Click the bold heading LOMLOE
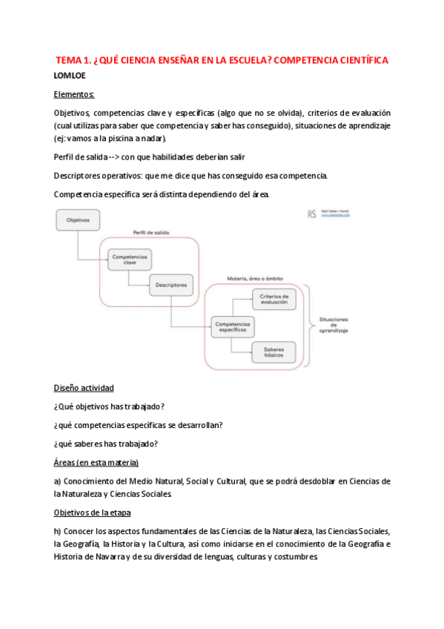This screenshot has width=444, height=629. [x=70, y=76]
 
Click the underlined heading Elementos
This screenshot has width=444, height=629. [x=74, y=95]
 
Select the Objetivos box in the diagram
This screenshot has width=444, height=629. [x=77, y=220]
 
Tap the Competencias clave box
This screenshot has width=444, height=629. [x=129, y=260]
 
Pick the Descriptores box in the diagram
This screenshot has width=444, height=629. [x=171, y=285]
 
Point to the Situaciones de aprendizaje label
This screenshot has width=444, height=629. [x=334, y=325]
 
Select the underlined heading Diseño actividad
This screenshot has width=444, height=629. [x=84, y=388]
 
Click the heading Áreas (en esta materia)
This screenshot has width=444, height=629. [x=96, y=463]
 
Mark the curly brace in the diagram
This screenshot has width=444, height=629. [x=308, y=324]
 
